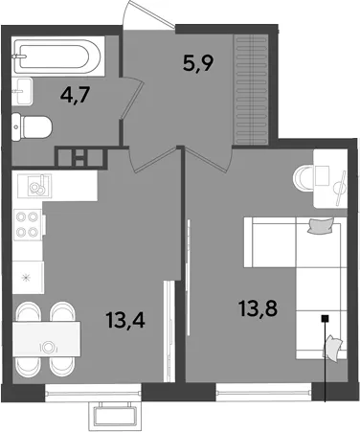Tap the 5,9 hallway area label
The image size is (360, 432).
coord(198,63)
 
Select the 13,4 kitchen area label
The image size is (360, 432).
coord(126,320)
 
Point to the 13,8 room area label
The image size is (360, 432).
coord(259,308)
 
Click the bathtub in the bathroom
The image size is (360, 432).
coord(58,57)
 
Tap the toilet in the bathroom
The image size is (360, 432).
coord(32,127)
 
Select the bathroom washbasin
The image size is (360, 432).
coord(22,91)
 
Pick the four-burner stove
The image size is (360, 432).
coord(28,225)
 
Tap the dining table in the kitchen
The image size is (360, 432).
coord(46,339)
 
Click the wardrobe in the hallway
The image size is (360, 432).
coord(251,90)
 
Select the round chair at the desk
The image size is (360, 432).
coord(304,177)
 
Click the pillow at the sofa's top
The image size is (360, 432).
coord(320,226)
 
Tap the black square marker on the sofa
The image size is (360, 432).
coord(325,318)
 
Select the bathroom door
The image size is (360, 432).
coord(132,98)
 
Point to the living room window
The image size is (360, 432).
coord(263,392)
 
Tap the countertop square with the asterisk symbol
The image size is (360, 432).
coord(28,278)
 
